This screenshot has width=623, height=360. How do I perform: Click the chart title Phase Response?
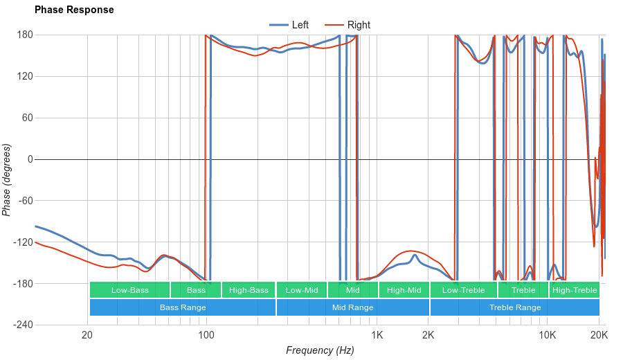[x=74, y=10]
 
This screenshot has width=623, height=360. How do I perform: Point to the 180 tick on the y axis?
[x=25, y=35]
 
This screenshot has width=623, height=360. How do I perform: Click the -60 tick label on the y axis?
[x=25, y=201]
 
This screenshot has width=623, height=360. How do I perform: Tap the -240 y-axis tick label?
[x=23, y=325]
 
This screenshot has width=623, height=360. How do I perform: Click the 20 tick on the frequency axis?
[x=87, y=336]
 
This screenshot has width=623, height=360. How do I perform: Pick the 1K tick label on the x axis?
[x=377, y=336]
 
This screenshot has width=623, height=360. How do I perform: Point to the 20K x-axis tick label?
[x=599, y=336]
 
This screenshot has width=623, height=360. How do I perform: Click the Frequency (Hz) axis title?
[x=320, y=350]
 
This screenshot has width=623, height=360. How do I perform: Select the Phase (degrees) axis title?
[x=7, y=180]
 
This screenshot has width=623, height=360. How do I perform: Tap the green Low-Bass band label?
[x=129, y=290]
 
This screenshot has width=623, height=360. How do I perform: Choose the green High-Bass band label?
[x=249, y=290]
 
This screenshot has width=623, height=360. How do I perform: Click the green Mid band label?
[x=353, y=290]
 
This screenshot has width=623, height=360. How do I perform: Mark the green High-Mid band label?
[x=404, y=290]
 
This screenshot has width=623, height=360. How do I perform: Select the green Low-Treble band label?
[x=463, y=290]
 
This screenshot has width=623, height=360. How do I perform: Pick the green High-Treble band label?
[x=575, y=290]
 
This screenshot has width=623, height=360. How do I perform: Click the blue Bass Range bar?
[x=183, y=307]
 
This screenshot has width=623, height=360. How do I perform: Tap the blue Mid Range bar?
[x=353, y=307]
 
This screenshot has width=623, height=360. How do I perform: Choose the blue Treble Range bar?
[x=515, y=307]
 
